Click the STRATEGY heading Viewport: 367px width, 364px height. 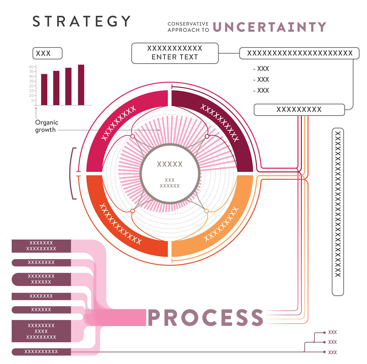[x=82, y=21]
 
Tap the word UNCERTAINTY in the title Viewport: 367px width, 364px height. [x=270, y=27]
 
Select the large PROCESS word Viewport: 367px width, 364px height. [x=205, y=318]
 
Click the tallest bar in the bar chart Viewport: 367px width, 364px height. [x=81, y=85]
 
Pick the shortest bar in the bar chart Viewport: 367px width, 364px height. [x=44, y=89]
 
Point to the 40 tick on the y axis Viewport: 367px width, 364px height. [x=31, y=67]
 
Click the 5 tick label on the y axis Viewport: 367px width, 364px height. [x=32, y=101]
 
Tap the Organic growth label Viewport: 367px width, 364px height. [x=47, y=126]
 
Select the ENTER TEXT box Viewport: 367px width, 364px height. [x=175, y=53]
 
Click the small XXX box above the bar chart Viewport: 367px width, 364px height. [x=47, y=53]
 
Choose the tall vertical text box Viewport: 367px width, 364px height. [x=338, y=212]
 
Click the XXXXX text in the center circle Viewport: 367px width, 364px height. [x=170, y=164]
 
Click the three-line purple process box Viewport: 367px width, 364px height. [x=41, y=331]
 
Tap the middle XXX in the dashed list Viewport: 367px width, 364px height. [x=261, y=80]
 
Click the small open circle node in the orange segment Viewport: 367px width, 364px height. [x=206, y=211]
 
